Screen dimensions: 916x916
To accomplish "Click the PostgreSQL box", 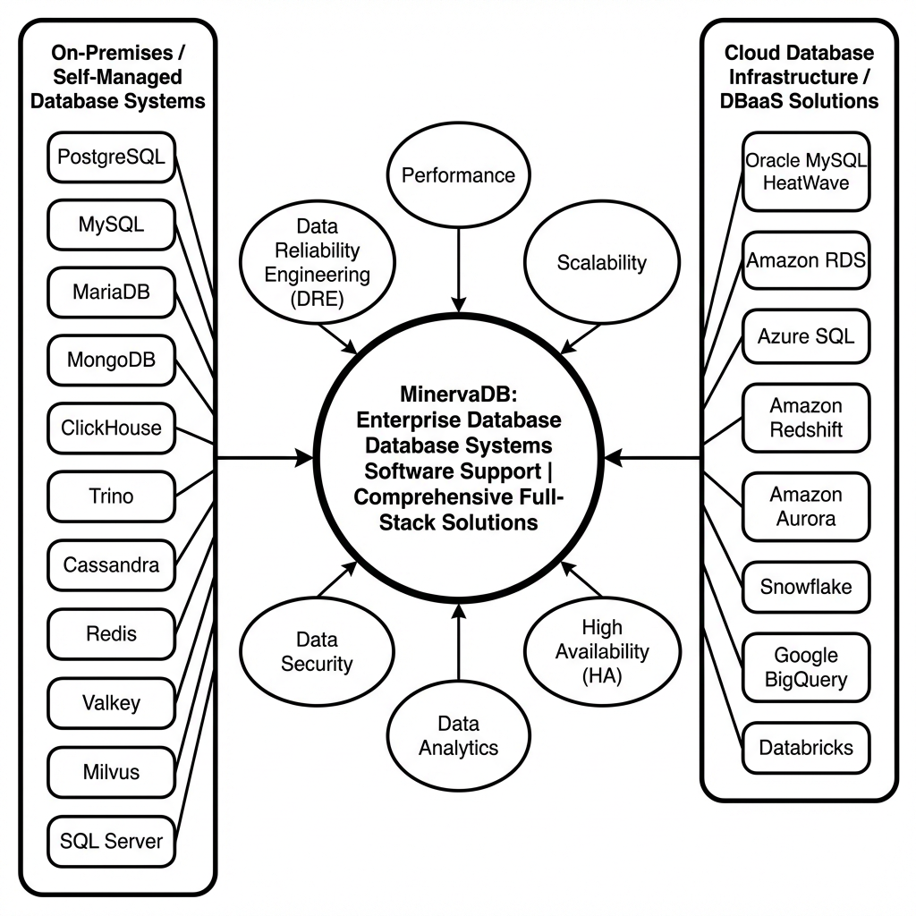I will (x=111, y=157).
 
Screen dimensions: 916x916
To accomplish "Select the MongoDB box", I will (x=111, y=360).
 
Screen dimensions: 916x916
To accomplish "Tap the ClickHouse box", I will (x=111, y=428).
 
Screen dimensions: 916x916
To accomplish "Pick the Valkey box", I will (x=111, y=702).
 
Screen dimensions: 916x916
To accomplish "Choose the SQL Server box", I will (x=111, y=840).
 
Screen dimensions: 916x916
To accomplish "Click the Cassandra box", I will (x=111, y=565).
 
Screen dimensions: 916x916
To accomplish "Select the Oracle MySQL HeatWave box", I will (x=806, y=171).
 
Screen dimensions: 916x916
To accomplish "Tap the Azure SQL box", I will (x=806, y=336).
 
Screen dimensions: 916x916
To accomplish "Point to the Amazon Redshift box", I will (x=806, y=418).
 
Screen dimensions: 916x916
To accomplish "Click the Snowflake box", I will (x=806, y=588).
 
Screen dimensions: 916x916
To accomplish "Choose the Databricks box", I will (x=806, y=748).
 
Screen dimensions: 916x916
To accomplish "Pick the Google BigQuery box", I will (x=806, y=668).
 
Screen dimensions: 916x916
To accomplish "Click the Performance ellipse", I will (x=458, y=175).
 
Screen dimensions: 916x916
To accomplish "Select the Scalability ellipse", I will (x=601, y=262).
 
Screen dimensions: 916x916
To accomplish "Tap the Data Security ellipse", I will (x=317, y=651).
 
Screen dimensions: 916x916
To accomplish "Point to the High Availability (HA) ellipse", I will (x=601, y=651).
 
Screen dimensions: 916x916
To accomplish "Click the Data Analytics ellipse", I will (x=458, y=735).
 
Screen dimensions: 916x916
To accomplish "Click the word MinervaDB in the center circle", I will (x=457, y=394).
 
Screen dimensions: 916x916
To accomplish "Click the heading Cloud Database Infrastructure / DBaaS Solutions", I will (x=799, y=77).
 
